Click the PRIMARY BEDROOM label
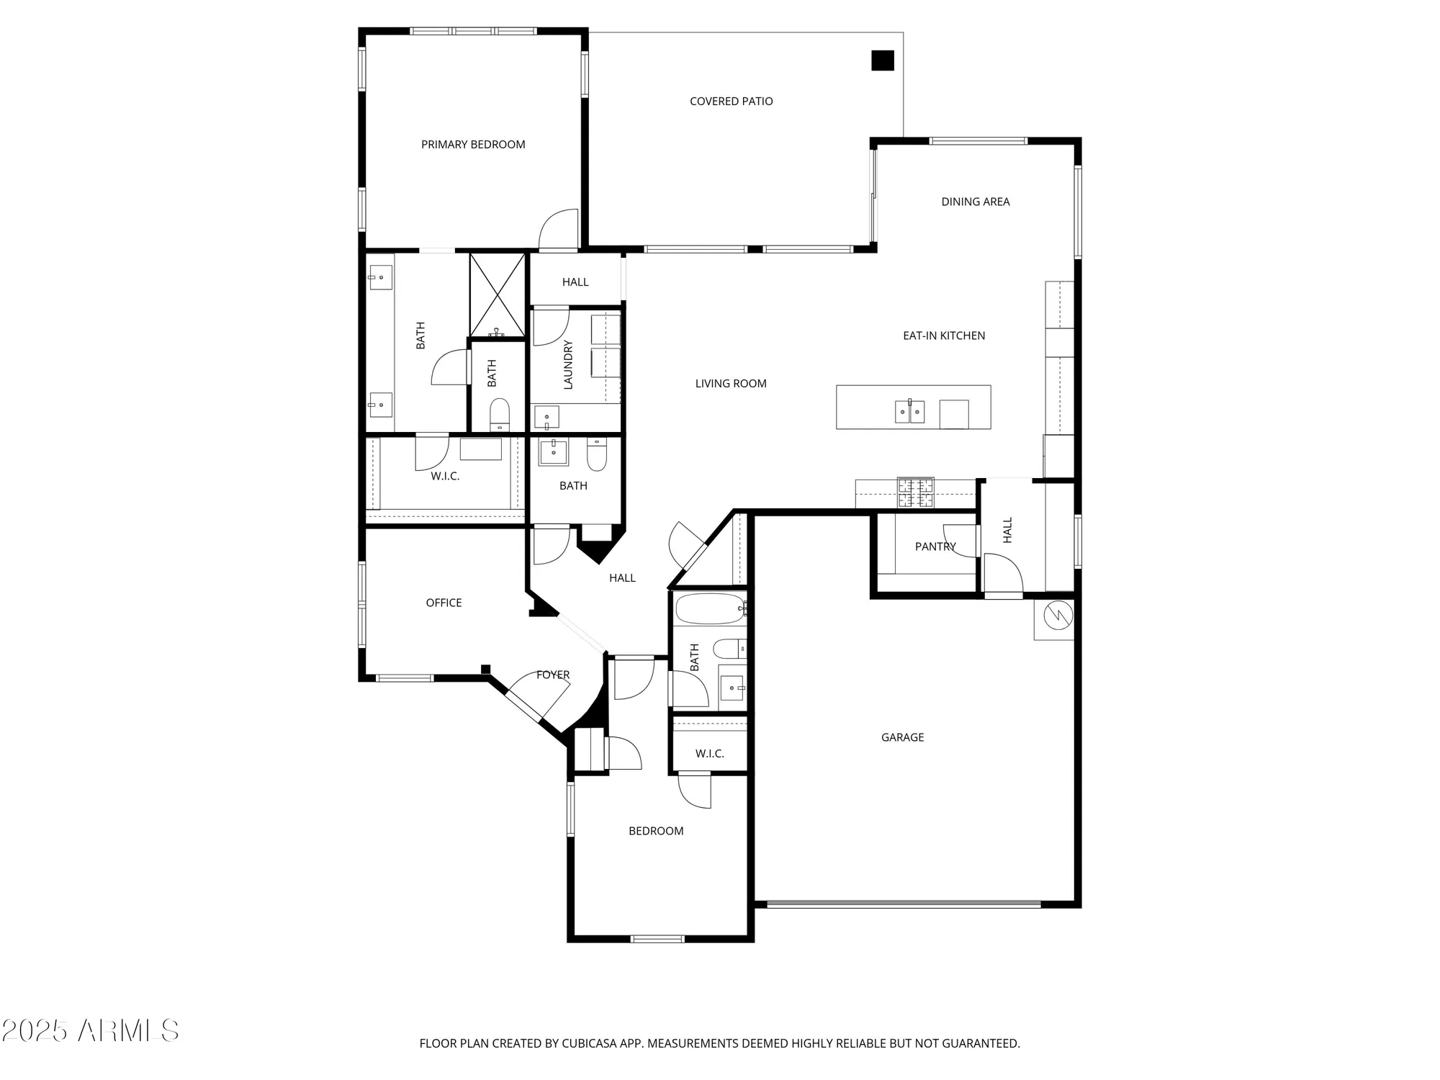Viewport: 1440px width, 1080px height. coord(473,145)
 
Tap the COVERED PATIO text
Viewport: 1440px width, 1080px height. coord(731,102)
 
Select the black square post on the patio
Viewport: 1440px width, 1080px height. coord(883,60)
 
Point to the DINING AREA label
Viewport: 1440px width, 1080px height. coord(975,202)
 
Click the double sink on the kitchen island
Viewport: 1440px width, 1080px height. coord(909,412)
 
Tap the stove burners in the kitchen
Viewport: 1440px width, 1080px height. coord(915,492)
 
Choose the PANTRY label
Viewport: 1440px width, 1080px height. coord(935,546)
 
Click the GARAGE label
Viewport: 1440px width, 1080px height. coord(902,737)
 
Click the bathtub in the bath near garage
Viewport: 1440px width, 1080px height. coord(710,609)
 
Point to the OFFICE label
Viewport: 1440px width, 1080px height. coord(444,603)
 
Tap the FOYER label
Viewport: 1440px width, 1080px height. coord(553,675)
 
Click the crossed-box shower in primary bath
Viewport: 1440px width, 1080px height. coord(498,294)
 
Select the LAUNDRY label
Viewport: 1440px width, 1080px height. coord(568,365)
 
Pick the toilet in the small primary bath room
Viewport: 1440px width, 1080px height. coord(499,415)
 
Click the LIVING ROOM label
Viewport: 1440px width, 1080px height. coord(731,384)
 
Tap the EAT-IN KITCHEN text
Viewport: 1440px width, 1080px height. coord(944,336)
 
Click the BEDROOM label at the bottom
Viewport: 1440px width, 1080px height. coord(656,831)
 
